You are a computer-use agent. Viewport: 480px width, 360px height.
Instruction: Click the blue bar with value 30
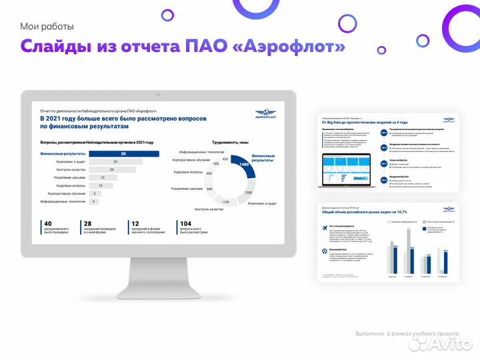point(124,154)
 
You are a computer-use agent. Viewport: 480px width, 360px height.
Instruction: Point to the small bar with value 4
point(94,201)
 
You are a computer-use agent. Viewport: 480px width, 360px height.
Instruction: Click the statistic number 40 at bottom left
point(47,223)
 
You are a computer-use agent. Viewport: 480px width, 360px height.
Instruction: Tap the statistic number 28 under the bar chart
point(89,223)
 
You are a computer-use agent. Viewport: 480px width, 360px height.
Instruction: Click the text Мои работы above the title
point(47,27)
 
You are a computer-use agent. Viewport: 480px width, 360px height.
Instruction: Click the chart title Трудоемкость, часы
point(230,143)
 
